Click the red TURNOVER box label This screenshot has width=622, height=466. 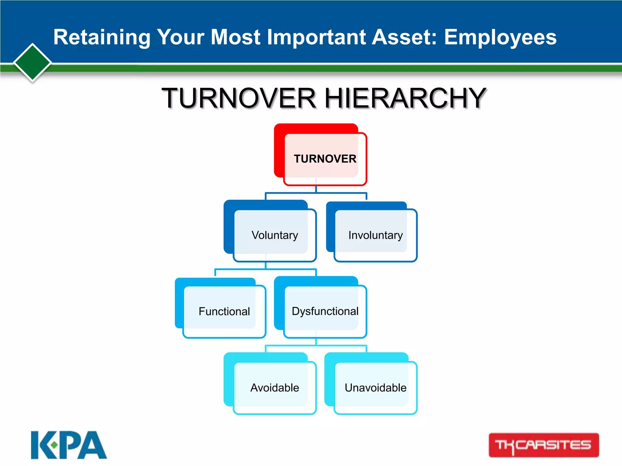coord(325,159)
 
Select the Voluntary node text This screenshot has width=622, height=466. coord(275,235)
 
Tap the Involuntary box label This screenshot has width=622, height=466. coord(375,235)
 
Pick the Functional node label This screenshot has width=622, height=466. coord(224,311)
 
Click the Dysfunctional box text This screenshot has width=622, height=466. coord(325,311)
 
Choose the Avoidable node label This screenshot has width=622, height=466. coord(275,388)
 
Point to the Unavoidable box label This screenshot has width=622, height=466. coord(375,388)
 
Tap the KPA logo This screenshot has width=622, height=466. coord(69,445)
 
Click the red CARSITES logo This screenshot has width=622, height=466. coord(544,445)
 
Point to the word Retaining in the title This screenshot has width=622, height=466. coord(102,37)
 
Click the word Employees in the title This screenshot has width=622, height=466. coord(500,37)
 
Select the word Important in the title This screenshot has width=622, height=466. coord(316,37)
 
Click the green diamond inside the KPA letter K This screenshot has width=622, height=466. coord(54,445)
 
